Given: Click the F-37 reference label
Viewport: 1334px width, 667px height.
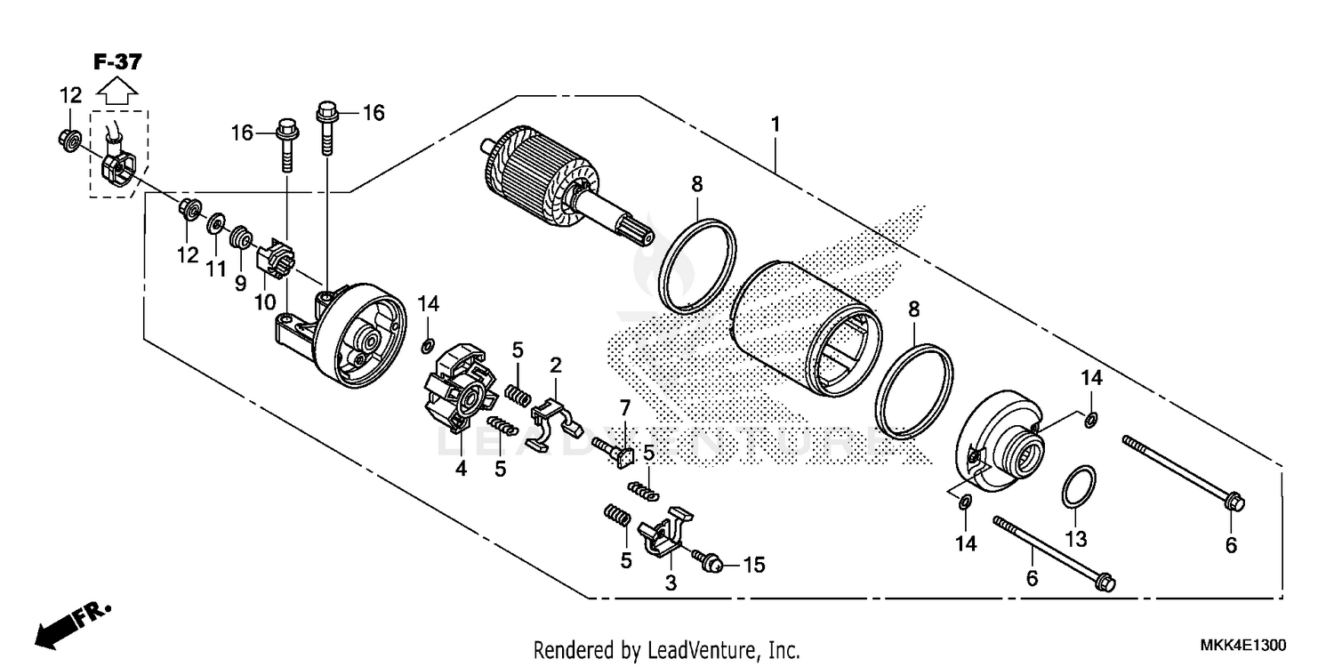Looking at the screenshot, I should point(117,62).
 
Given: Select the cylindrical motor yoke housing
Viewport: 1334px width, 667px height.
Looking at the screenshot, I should point(805,329).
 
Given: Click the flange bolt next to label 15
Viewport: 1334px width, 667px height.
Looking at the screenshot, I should point(707,561).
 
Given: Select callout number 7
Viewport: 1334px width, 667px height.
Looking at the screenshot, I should point(624,408).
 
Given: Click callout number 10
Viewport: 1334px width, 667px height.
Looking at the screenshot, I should point(264,301).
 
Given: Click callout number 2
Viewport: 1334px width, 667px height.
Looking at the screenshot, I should point(555,365).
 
